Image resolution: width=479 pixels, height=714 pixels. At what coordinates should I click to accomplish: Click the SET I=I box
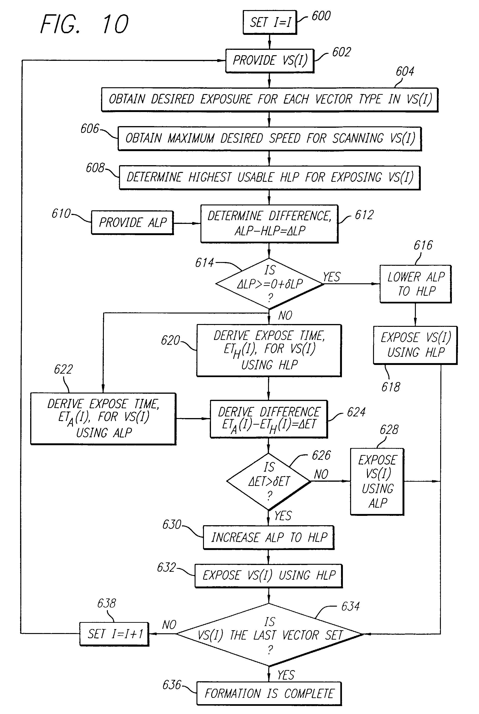point(269,22)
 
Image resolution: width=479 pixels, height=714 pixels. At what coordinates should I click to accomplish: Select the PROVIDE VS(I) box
point(270,61)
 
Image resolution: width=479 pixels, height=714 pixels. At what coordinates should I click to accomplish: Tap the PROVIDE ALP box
point(133,223)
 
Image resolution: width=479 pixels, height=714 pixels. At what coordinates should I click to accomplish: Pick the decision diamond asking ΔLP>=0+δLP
point(269,284)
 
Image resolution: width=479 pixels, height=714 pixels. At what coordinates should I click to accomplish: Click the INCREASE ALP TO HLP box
point(269,537)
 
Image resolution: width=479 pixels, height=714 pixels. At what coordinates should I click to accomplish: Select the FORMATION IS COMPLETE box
point(269,694)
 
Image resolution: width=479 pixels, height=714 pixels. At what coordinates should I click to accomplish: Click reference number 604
point(405,72)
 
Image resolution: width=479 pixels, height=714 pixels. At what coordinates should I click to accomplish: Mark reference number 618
point(390,387)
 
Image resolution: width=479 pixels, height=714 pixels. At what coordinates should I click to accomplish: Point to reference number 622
point(63,369)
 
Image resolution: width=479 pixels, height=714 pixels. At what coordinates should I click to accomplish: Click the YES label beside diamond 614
point(331,277)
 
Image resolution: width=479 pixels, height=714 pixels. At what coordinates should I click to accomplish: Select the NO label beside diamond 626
point(321,474)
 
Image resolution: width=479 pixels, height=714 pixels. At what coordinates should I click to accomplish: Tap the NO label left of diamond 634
point(169,625)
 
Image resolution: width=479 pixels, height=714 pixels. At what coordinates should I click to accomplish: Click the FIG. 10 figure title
point(85,24)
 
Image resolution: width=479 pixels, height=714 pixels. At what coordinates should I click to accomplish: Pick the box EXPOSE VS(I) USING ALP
point(377,481)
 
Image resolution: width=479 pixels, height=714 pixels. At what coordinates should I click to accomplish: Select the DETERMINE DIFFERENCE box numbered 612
point(269,224)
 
